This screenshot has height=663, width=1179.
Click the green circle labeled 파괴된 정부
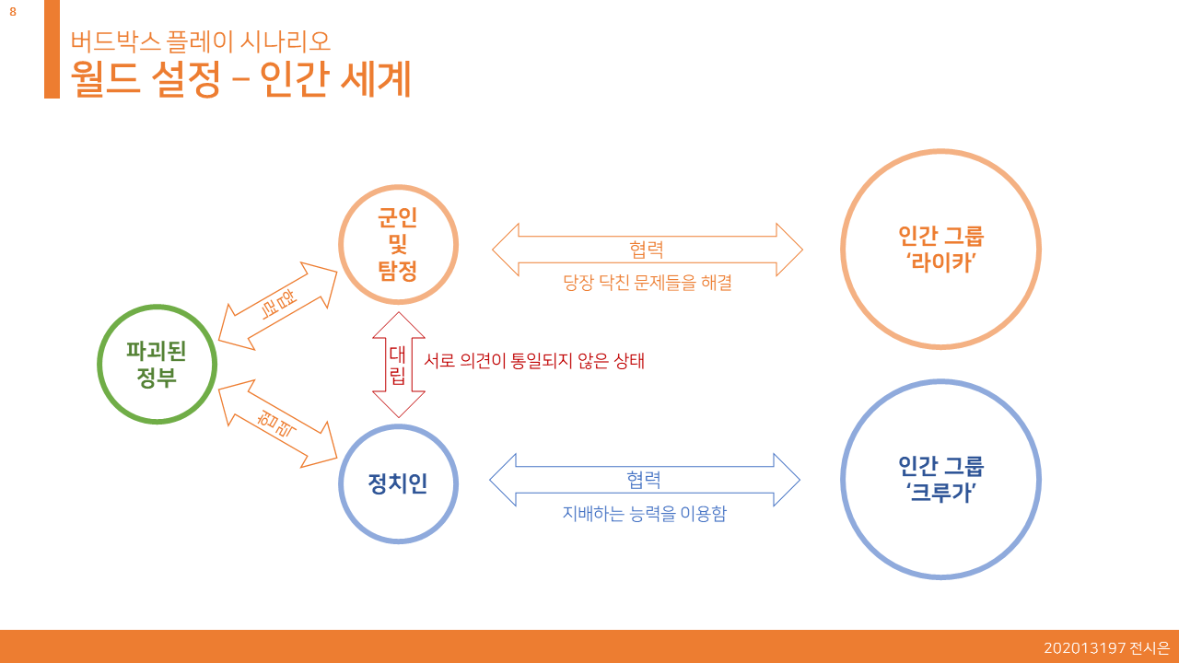click(x=158, y=364)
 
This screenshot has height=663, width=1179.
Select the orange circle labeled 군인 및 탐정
click(x=398, y=244)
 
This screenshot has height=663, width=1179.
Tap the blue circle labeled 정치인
click(x=398, y=483)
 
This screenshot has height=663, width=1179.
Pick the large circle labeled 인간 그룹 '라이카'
click(x=940, y=249)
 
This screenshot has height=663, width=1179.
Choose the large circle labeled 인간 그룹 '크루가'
click(x=940, y=480)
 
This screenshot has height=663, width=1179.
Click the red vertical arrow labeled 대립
click(x=398, y=365)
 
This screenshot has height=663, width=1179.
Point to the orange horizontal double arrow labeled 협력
click(x=647, y=250)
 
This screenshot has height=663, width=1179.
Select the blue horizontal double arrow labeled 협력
click(x=644, y=480)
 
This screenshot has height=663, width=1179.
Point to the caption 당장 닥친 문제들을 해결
click(x=647, y=283)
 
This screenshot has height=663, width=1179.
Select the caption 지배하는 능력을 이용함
click(x=644, y=514)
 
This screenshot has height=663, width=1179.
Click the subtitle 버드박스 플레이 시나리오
click(x=201, y=41)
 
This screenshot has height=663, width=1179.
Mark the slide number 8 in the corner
click(x=13, y=12)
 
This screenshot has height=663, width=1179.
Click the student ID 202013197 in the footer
click(x=1084, y=648)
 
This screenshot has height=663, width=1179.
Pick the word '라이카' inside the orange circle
click(x=940, y=262)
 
